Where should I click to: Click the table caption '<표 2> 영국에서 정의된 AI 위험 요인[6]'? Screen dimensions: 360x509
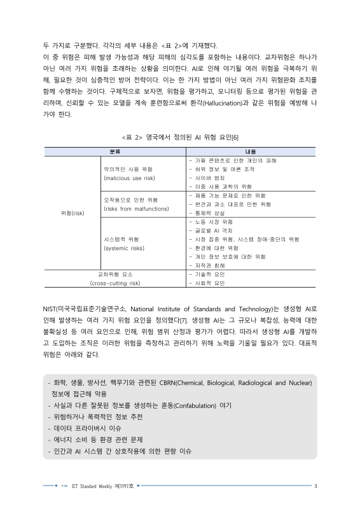179,137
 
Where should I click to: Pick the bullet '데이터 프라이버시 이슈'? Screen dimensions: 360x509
99,428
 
